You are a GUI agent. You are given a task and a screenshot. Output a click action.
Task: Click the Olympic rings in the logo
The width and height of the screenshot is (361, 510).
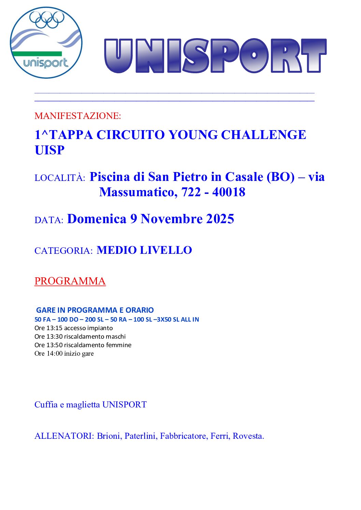coord(47,20)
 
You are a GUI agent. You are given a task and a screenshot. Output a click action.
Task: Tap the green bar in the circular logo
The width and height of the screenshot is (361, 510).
coord(37,53)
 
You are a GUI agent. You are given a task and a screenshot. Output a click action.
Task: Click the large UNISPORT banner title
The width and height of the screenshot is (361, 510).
coord(215,56)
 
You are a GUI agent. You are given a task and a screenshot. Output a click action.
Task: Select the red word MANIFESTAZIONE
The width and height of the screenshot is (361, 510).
coord(77,116)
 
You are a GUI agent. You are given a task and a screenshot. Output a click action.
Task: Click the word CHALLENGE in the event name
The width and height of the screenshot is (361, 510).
coord(263,135)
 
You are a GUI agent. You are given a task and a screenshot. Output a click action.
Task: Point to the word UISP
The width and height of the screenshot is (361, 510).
coord(49,150)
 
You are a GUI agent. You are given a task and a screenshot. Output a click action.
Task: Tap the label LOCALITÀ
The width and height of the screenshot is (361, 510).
coord(60,178)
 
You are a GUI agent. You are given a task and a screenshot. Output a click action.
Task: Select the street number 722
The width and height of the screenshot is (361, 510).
coord(191,192)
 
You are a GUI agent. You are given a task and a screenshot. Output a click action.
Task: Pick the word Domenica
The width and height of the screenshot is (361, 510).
coord(97,219)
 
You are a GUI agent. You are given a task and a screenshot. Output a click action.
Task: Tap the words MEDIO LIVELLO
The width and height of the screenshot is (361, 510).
coord(144,250)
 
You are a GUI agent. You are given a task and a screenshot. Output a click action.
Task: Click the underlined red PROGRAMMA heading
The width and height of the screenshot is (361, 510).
coord(70,281)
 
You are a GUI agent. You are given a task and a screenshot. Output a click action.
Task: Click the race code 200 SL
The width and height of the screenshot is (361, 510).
coord(94,320)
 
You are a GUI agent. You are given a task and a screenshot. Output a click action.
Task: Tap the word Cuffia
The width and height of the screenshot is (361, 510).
coord(46,405)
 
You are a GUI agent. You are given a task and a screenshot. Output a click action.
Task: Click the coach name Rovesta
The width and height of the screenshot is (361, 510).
coord(248,436)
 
